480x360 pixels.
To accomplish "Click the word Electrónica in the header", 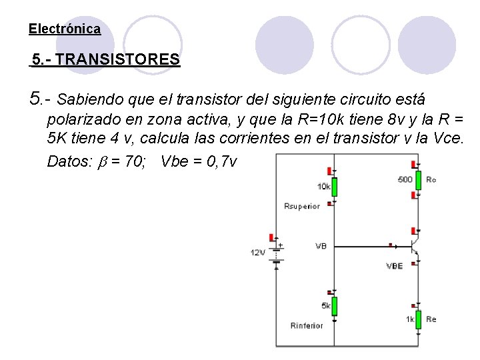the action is coord(65,29).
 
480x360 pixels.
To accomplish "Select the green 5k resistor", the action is coord(334,306).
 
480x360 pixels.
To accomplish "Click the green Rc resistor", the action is coord(417,179).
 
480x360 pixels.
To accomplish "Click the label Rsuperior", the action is coord(302,206).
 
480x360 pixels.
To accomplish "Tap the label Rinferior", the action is coord(307,325).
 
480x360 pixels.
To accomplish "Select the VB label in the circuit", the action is coord(321,246).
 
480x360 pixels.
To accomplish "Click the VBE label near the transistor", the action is coord(395,266).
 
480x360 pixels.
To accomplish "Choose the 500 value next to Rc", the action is coord(405,179).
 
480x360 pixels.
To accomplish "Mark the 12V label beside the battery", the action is coord(258,253).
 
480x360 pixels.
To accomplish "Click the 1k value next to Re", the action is coord(410,319).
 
